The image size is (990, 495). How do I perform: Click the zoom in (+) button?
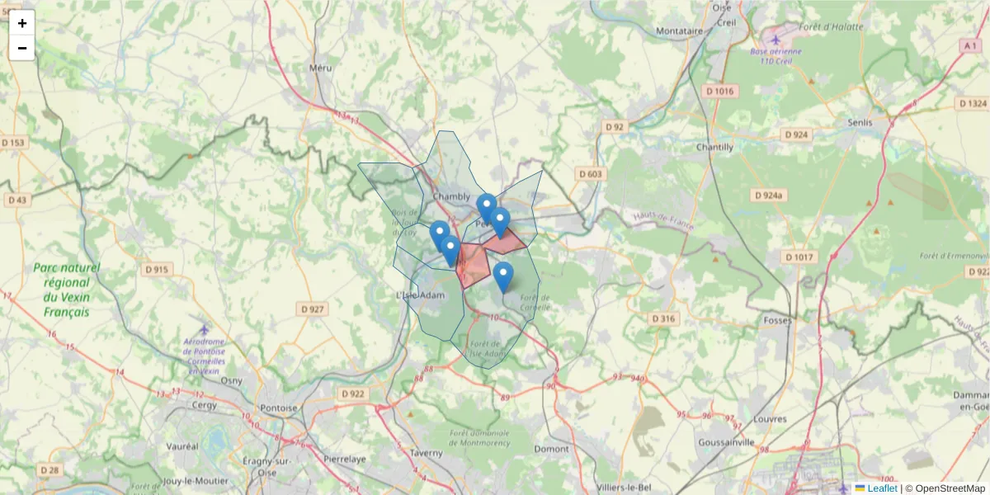tap(22, 23)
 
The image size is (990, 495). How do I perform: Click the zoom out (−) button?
tap(22, 48)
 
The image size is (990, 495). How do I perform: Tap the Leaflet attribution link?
tap(882, 488)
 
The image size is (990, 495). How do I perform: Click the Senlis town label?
tap(860, 122)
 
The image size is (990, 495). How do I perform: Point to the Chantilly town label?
tap(714, 147)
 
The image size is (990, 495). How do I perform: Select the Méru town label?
tap(319, 68)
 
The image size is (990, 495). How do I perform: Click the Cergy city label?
tap(204, 405)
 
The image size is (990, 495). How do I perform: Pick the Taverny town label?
tap(427, 453)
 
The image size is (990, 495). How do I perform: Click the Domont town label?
tap(552, 449)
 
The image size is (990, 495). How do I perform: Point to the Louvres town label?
tap(770, 418)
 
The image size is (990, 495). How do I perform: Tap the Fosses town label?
tap(777, 319)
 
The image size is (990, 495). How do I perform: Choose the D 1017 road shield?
tap(799, 257)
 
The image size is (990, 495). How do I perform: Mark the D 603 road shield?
tap(591, 174)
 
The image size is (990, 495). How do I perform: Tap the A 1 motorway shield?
tap(970, 46)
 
